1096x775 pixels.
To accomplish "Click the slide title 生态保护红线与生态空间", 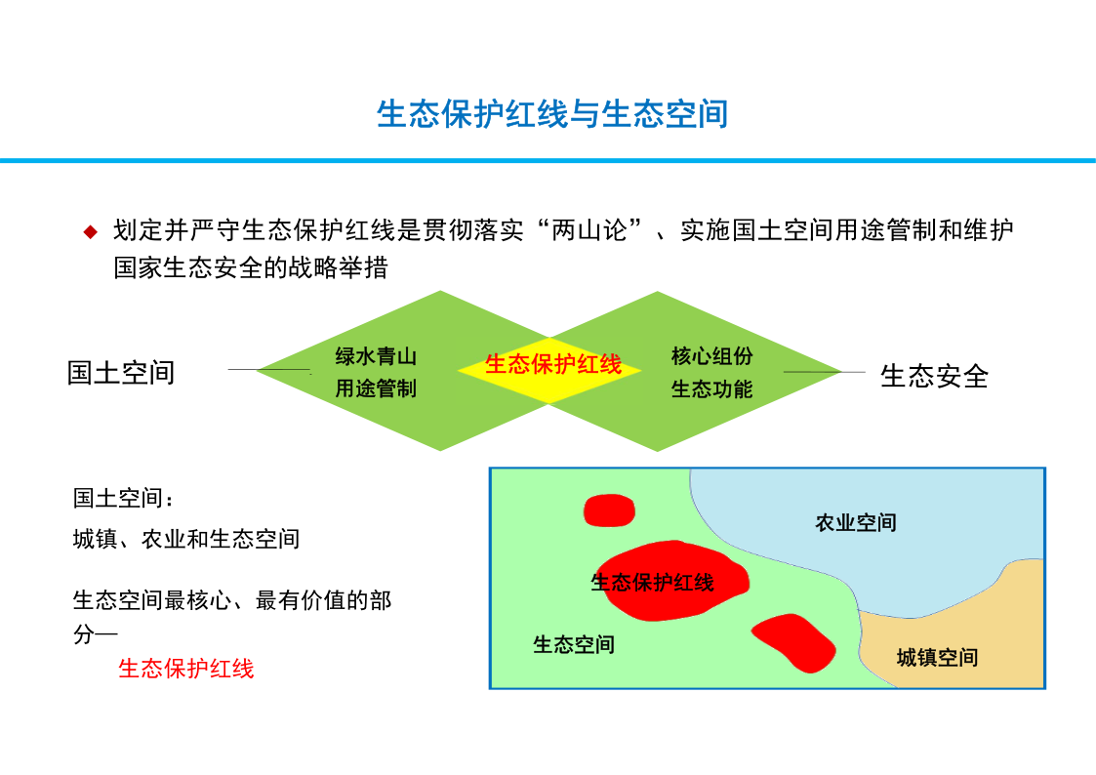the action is click(x=552, y=114).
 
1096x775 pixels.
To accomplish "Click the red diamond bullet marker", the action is click(x=90, y=231).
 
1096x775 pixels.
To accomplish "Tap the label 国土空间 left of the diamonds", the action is click(x=121, y=373).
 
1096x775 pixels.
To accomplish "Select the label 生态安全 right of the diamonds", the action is click(x=934, y=376).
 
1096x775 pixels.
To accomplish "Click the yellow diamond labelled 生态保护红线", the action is click(x=550, y=370).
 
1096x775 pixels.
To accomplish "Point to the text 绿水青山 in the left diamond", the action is click(x=376, y=356).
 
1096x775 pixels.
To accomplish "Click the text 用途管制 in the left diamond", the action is click(x=376, y=387).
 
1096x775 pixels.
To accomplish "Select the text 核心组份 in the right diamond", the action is click(x=711, y=355).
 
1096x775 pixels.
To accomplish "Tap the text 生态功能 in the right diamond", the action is click(x=711, y=388).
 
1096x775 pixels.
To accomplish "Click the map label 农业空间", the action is click(x=856, y=522).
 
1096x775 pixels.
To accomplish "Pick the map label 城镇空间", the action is click(x=937, y=657).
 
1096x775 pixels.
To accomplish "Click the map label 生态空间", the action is click(x=574, y=643).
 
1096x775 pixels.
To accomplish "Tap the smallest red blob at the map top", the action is click(x=610, y=510).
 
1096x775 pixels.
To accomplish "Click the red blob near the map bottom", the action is click(x=794, y=643).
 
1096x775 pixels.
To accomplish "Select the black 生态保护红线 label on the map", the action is click(x=652, y=582).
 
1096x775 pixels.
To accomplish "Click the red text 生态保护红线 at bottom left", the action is click(x=186, y=669).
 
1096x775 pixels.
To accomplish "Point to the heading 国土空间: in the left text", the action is click(x=123, y=498).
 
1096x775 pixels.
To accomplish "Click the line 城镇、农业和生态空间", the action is click(x=186, y=539).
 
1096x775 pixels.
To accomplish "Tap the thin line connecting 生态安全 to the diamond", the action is click(x=825, y=372).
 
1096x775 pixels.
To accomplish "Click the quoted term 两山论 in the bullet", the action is click(x=590, y=230).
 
